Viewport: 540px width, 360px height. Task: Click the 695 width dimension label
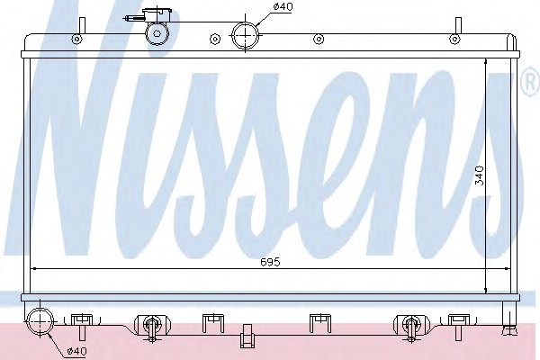click(270, 262)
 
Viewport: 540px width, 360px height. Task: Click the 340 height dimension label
click(480, 175)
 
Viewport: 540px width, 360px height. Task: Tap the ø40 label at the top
click(283, 6)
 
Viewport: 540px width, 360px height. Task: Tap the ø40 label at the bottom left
click(77, 351)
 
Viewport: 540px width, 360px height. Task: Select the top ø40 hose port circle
click(245, 35)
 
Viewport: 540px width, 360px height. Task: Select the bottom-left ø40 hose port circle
click(40, 322)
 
